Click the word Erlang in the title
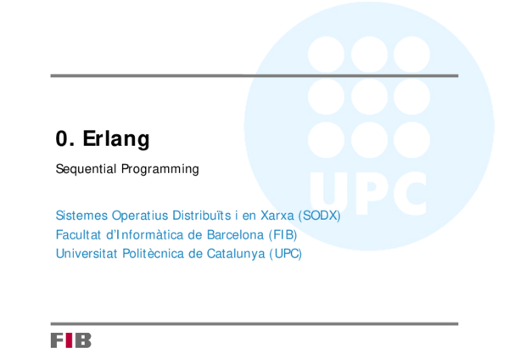click(x=116, y=139)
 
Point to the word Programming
click(x=159, y=169)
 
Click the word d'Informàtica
click(x=148, y=234)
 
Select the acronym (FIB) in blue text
click(x=282, y=234)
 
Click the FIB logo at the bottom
click(x=70, y=340)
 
